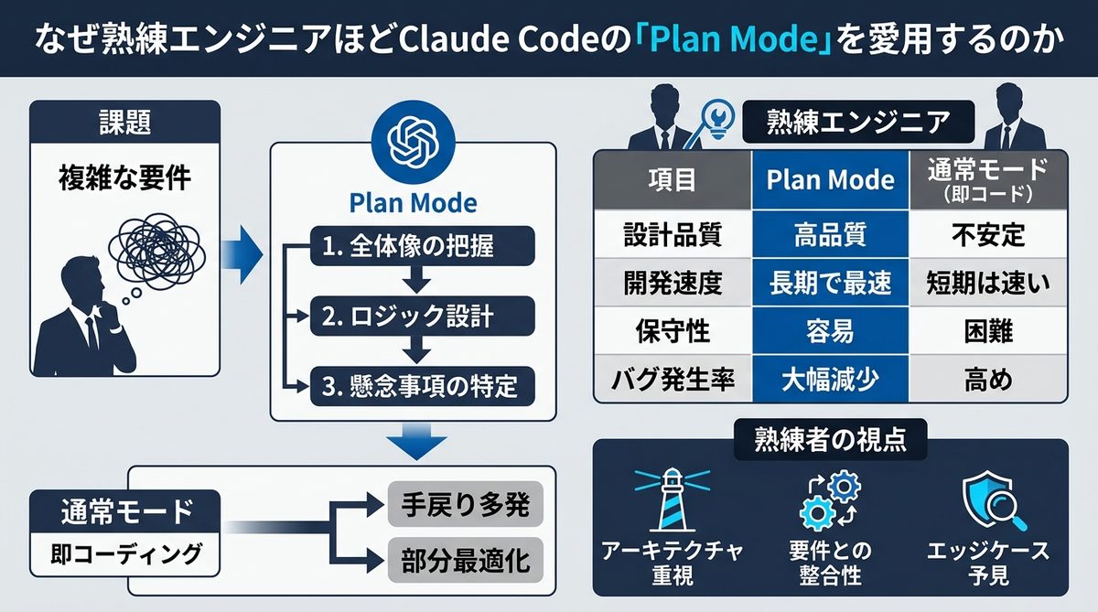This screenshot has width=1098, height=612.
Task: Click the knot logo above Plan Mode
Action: click(414, 139)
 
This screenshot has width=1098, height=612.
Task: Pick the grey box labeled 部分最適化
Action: click(466, 560)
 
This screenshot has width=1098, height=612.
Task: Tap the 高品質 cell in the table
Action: click(830, 235)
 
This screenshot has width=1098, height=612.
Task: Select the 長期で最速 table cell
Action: click(830, 284)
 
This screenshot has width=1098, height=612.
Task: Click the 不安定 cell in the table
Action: click(988, 235)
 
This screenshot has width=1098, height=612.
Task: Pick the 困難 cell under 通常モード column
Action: click(988, 331)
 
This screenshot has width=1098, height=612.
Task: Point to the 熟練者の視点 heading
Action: click(830, 440)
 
